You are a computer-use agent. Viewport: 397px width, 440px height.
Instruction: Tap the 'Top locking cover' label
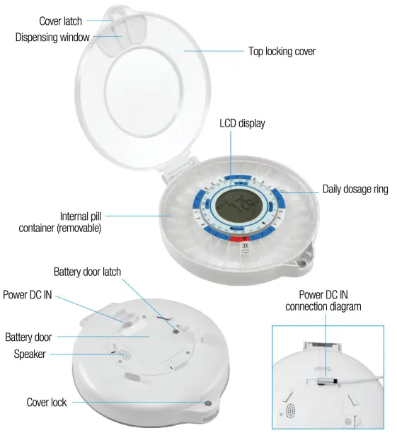point(281,52)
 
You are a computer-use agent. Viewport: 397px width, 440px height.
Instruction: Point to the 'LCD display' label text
point(242,123)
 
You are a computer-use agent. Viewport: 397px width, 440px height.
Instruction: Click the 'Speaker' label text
point(29,354)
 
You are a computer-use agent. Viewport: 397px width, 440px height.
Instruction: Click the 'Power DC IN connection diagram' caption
point(323,300)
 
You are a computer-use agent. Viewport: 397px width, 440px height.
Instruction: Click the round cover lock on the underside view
point(208,403)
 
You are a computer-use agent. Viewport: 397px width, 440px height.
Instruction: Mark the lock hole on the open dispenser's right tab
point(304,262)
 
